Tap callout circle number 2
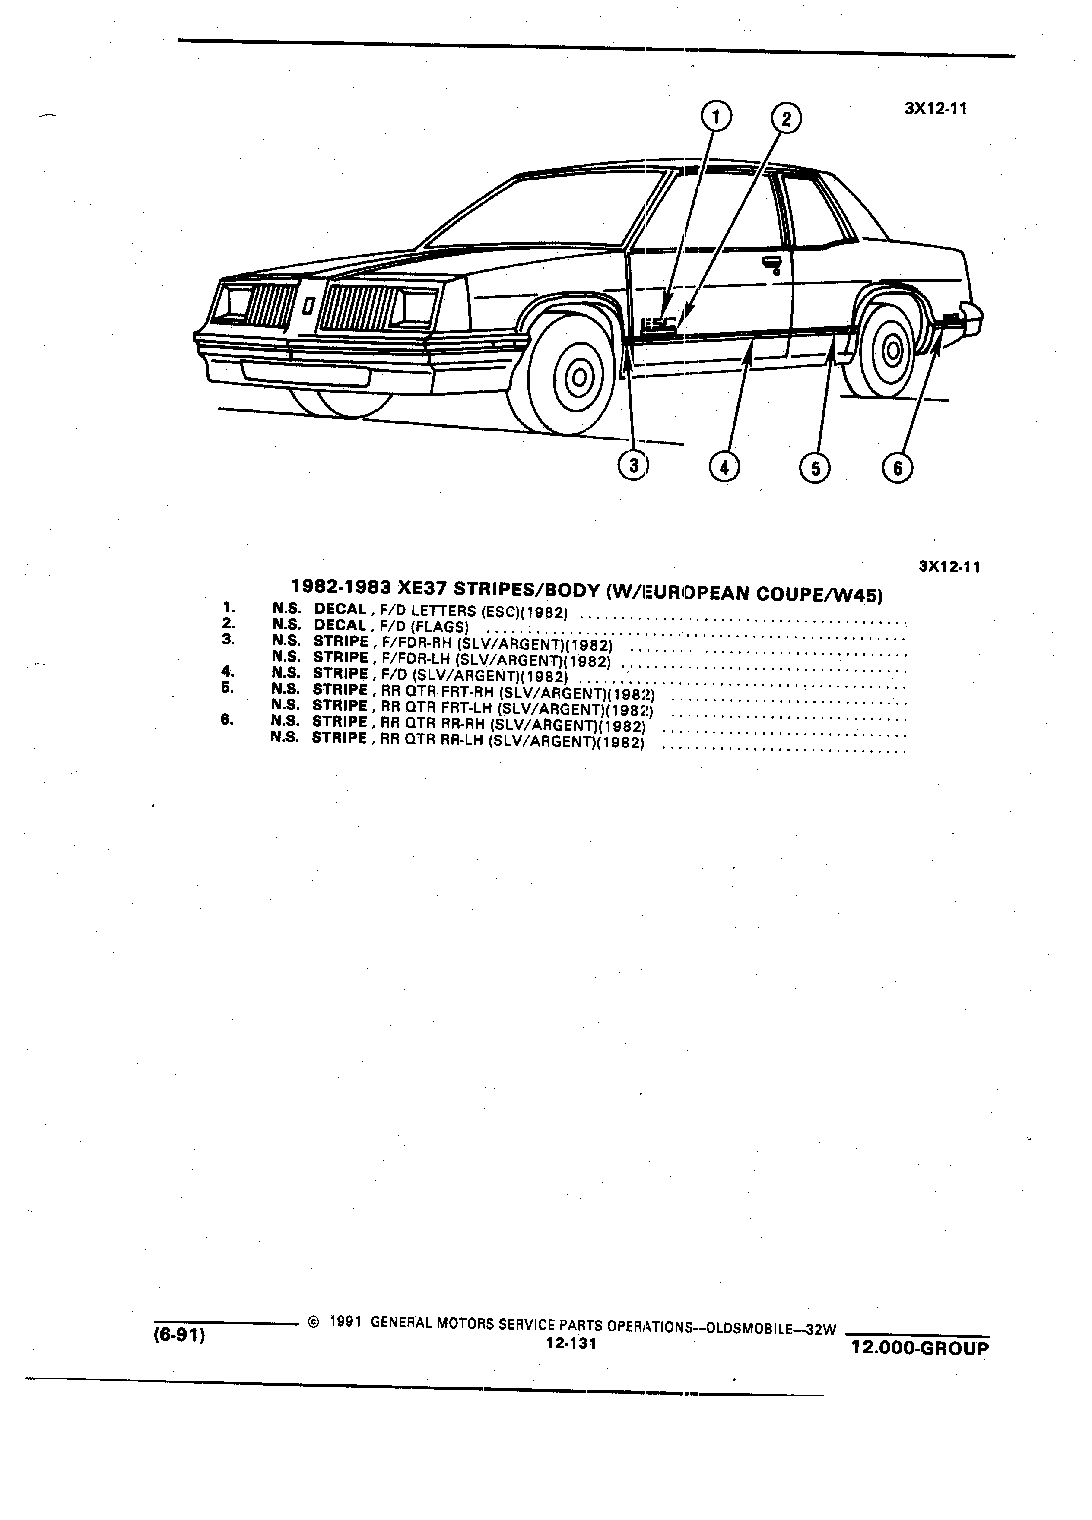786,119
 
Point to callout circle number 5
815,467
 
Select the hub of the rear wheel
893,350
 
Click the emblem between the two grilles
308,306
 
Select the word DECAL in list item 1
340,609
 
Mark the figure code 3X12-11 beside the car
936,109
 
